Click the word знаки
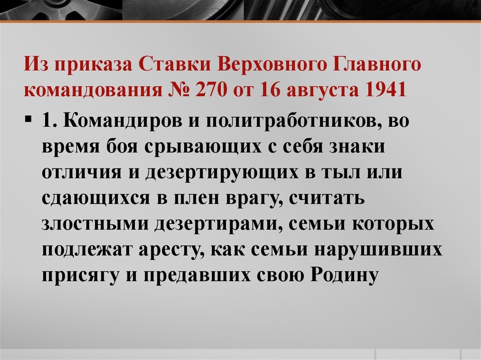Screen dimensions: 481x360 click(x=357, y=146)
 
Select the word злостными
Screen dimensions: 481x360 click(x=94, y=224)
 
